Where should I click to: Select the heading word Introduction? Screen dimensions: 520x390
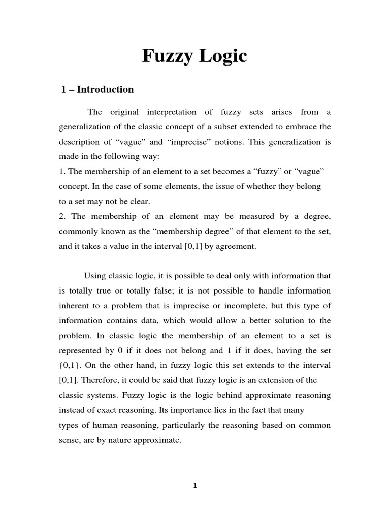click(105, 90)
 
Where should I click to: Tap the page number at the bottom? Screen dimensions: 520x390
click(194, 485)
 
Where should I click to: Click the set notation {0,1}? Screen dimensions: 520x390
click(70, 366)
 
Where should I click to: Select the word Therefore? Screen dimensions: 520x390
click(100, 380)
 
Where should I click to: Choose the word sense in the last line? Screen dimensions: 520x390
click(69, 440)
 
